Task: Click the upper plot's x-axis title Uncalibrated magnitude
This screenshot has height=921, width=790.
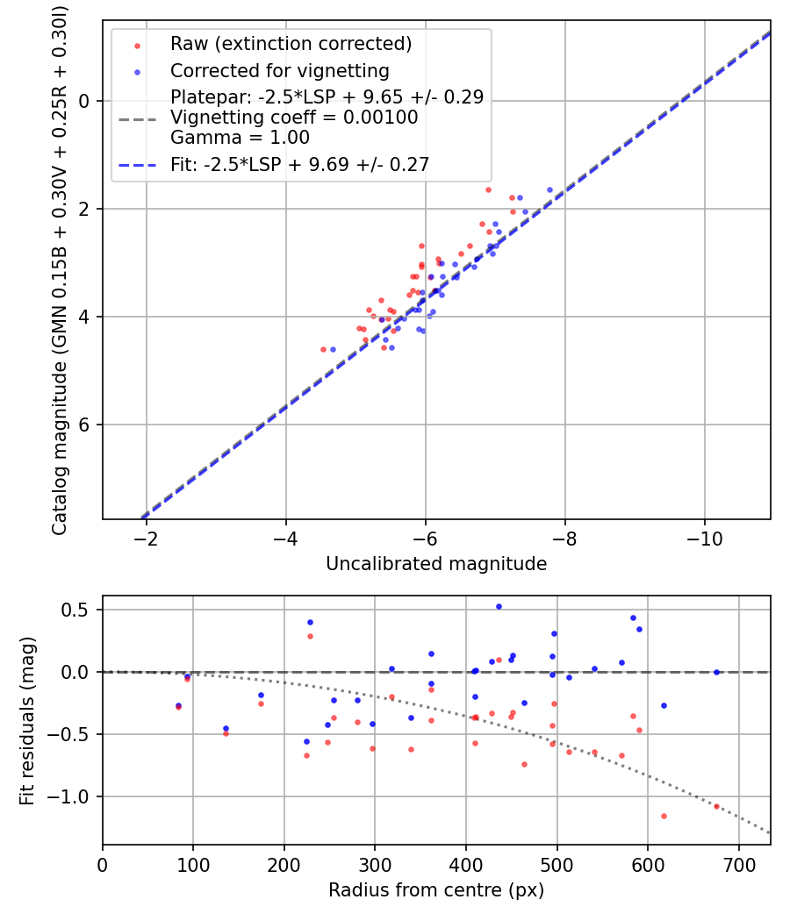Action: pos(436,564)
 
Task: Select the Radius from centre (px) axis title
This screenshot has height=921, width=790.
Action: pos(436,890)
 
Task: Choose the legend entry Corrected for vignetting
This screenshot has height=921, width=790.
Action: pos(279,70)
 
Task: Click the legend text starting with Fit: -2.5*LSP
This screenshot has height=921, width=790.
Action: pos(299,164)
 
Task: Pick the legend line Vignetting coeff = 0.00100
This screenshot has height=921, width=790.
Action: pos(294,118)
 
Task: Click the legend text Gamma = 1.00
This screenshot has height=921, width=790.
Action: pos(240,137)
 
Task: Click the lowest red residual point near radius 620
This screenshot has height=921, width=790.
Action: pos(664,816)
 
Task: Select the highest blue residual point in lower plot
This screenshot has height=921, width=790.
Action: pos(499,606)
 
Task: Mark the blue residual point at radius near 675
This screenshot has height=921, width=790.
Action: pos(715,672)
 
